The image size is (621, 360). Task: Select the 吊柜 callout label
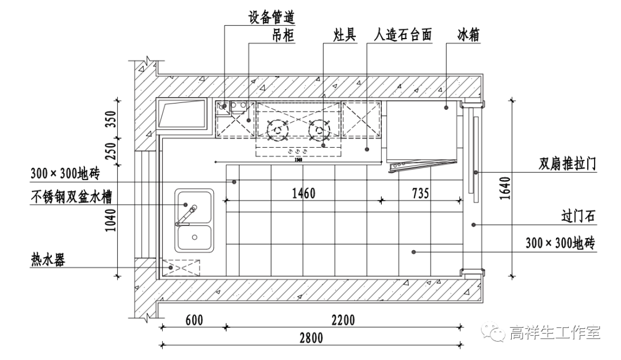pos(283,36)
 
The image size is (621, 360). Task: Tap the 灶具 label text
pos(345,36)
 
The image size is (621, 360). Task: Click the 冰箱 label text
pos(469,36)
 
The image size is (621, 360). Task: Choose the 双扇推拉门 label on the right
pos(567,164)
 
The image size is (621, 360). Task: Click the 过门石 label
pos(579,217)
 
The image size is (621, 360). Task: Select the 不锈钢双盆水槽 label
pos(72,198)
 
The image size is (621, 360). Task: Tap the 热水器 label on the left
pos(48,260)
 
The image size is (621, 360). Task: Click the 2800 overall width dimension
pos(311,338)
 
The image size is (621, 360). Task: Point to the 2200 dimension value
pos(343,320)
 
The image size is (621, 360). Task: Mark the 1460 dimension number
pos(302,193)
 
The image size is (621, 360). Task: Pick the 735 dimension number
pos(420,193)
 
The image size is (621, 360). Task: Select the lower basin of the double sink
pos(195,238)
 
